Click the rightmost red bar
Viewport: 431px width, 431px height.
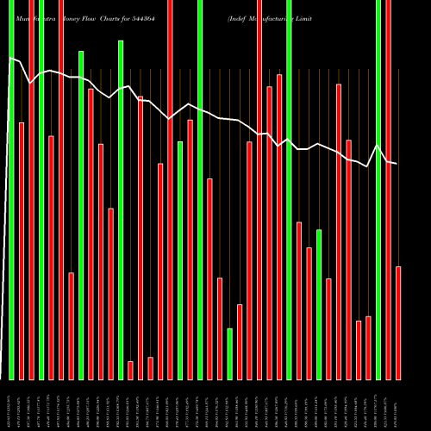tap(398, 323)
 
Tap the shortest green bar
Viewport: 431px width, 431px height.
tap(230, 353)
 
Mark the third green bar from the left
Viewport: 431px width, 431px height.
tap(81, 215)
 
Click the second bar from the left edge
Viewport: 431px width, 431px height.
tap(22, 251)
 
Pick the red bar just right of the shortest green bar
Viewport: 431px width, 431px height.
tap(240, 342)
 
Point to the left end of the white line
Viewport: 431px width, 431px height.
tap(9, 58)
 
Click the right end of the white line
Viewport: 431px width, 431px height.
tap(397, 164)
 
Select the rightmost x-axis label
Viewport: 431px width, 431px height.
tap(398, 405)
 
